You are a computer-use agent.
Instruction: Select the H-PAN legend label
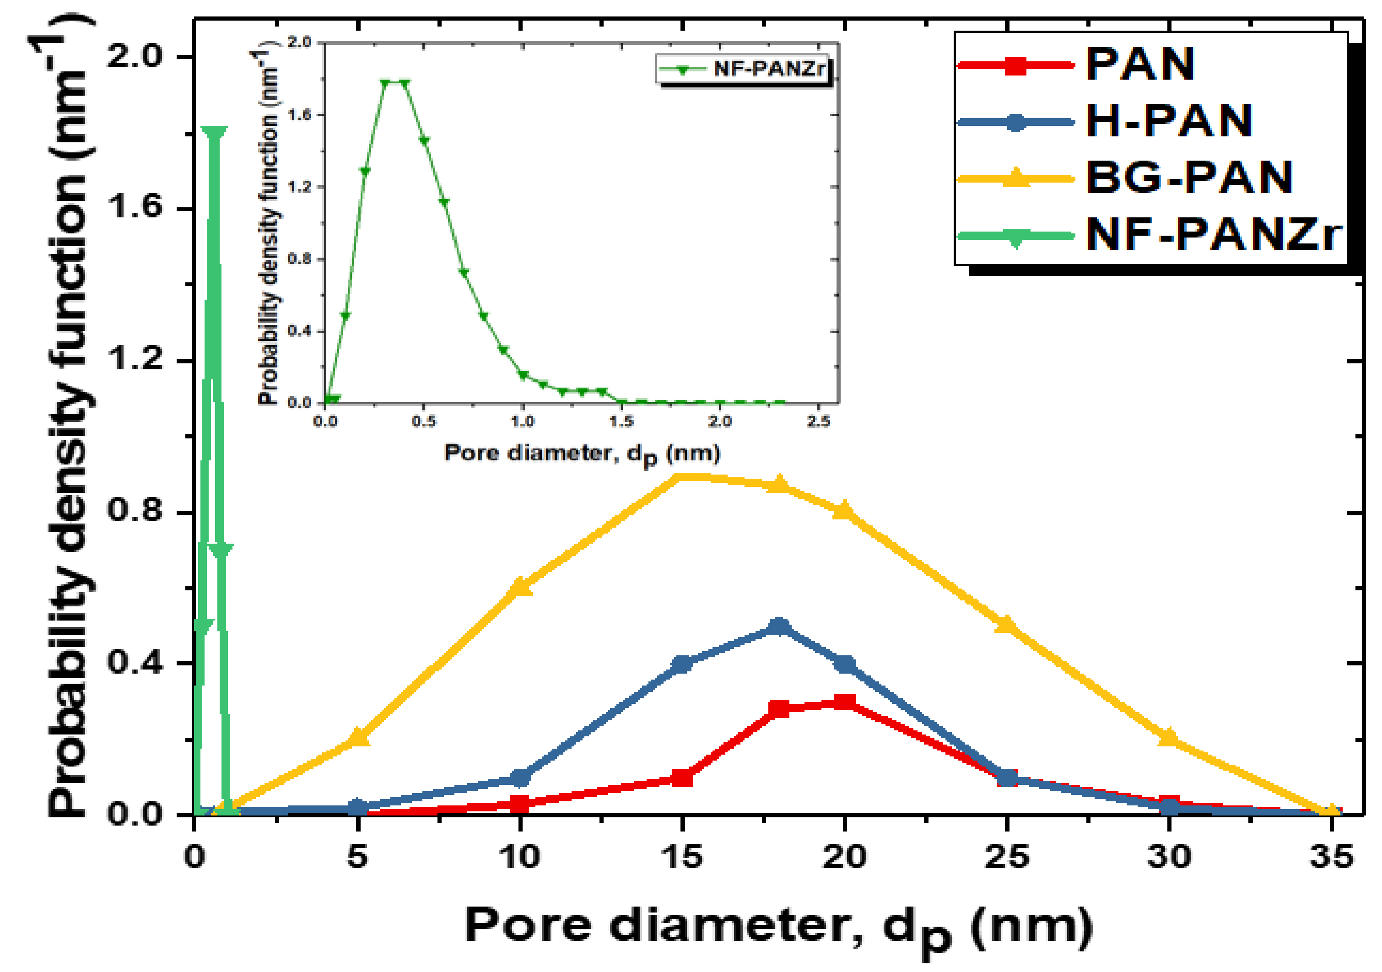1168,121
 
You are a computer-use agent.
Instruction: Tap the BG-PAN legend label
1189,178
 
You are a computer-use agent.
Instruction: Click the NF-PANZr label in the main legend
1213,234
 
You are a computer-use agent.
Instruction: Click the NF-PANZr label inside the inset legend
769,69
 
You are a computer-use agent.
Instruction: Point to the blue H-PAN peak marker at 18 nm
779,627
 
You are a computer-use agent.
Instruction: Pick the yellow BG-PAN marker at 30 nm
1168,737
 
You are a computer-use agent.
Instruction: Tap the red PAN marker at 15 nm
682,778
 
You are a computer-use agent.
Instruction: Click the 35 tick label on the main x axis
1331,856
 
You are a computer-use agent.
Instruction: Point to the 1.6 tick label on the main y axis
134,208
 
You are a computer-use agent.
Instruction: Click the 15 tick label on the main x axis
682,856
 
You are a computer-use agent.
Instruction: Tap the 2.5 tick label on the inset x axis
818,421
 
